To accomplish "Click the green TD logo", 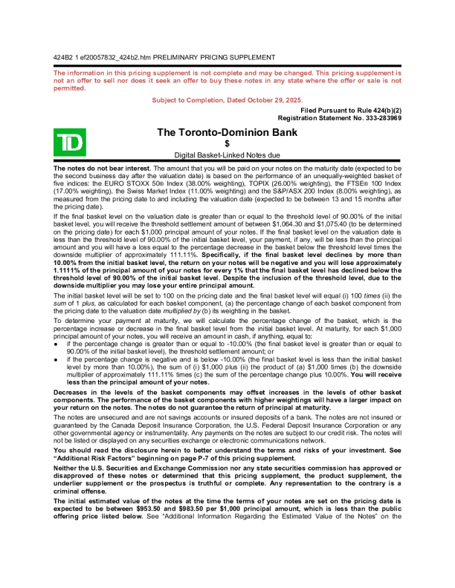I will [70, 140].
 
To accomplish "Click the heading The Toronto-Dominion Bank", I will [227, 132].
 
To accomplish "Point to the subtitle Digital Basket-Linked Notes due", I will [227, 156].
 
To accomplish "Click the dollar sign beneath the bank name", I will [227, 143].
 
